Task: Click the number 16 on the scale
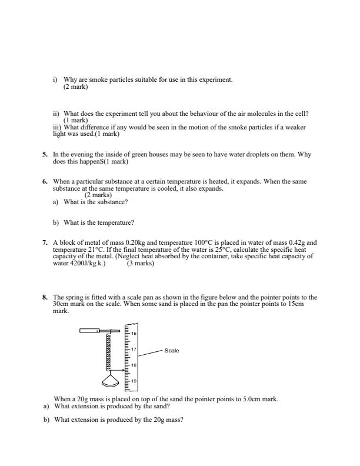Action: click(134, 334)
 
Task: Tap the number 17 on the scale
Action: click(134, 350)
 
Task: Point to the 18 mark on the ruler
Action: click(134, 365)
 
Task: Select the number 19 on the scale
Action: click(134, 381)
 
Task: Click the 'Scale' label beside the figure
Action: click(172, 351)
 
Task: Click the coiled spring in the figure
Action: click(108, 351)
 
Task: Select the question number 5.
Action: click(44, 154)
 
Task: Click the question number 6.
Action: click(44, 182)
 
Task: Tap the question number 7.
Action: click(44, 242)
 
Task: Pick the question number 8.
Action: click(44, 298)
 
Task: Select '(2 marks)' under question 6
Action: click(98, 195)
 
